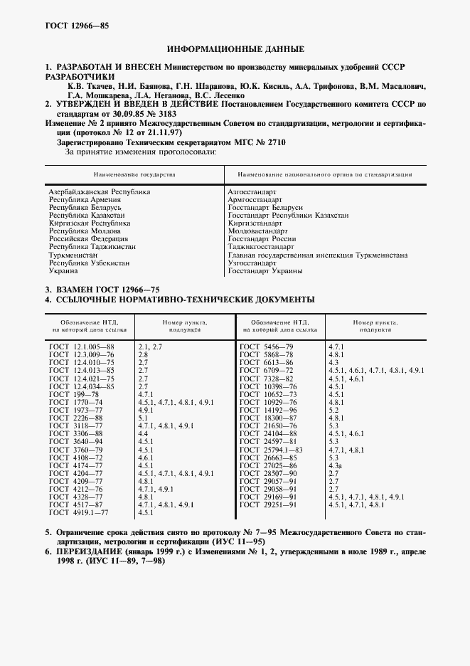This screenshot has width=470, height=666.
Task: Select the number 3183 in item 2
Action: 163,113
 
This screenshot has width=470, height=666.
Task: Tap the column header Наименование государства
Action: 134,174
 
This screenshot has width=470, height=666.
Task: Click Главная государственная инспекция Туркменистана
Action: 317,255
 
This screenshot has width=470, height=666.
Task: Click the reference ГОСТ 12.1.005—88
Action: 82,346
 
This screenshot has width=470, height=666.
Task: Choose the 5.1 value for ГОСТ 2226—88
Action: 142,418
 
